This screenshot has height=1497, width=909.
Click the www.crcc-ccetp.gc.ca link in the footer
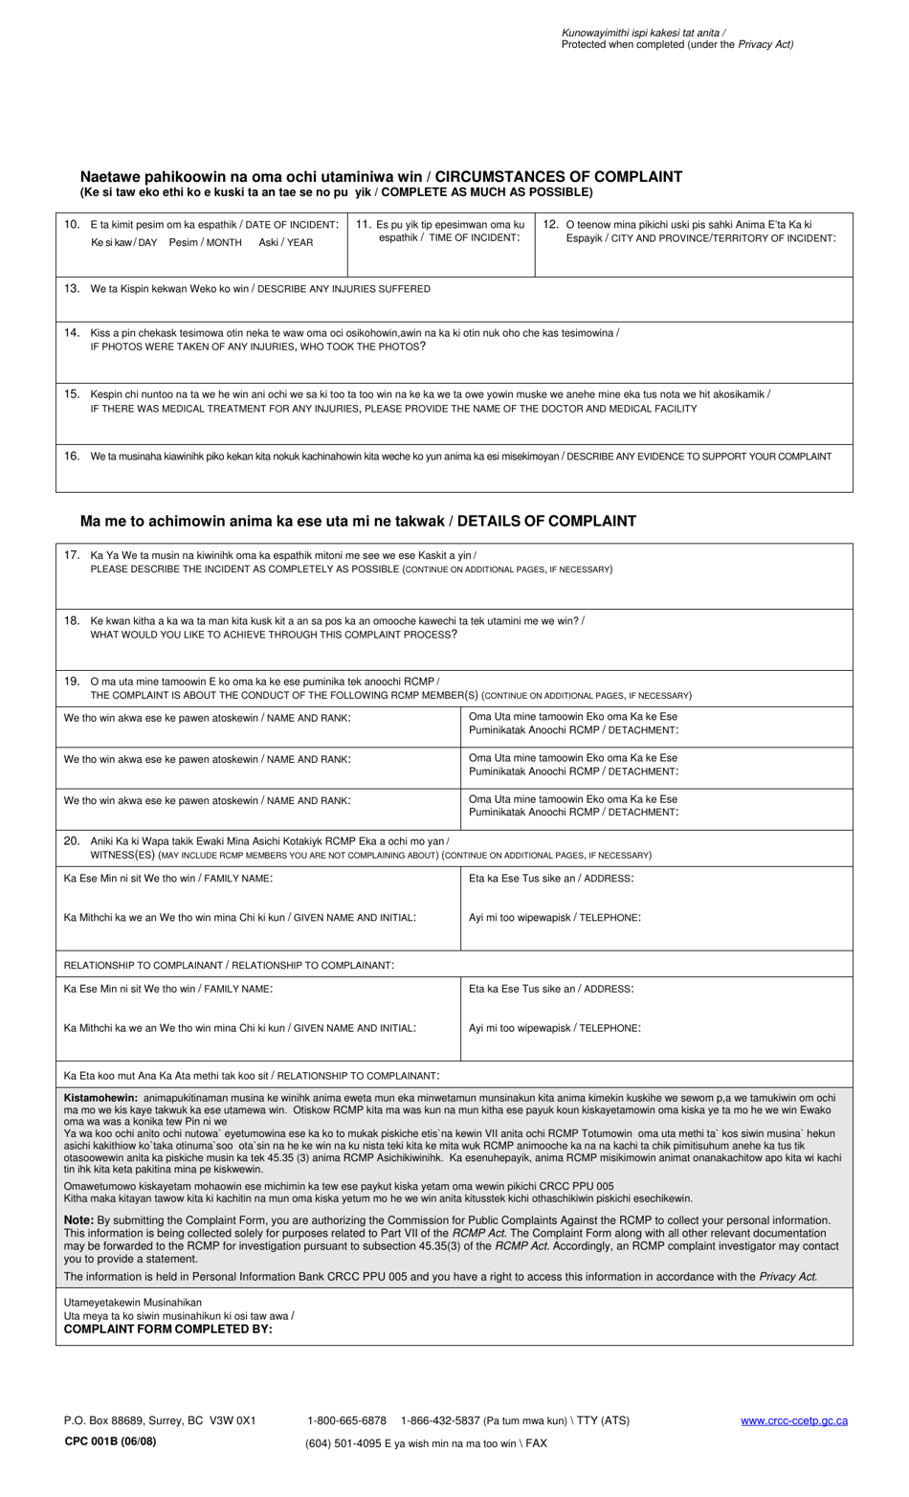tap(793, 1420)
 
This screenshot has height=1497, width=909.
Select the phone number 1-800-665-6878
tap(346, 1420)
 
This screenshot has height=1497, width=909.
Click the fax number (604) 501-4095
tap(345, 1443)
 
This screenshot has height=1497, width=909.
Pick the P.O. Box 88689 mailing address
tap(160, 1420)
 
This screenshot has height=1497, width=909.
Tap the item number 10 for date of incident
tap(72, 224)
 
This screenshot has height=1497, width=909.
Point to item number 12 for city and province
tap(550, 224)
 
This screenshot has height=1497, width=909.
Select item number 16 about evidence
tap(72, 456)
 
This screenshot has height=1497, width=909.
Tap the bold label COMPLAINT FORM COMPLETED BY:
tap(167, 1329)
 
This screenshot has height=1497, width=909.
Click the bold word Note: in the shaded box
tap(78, 1219)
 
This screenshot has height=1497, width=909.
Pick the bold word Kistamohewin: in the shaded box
tap(100, 1098)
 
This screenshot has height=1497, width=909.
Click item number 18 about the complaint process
tap(72, 620)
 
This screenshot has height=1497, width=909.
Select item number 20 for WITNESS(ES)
tap(72, 840)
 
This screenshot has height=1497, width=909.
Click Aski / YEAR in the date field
tap(285, 242)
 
